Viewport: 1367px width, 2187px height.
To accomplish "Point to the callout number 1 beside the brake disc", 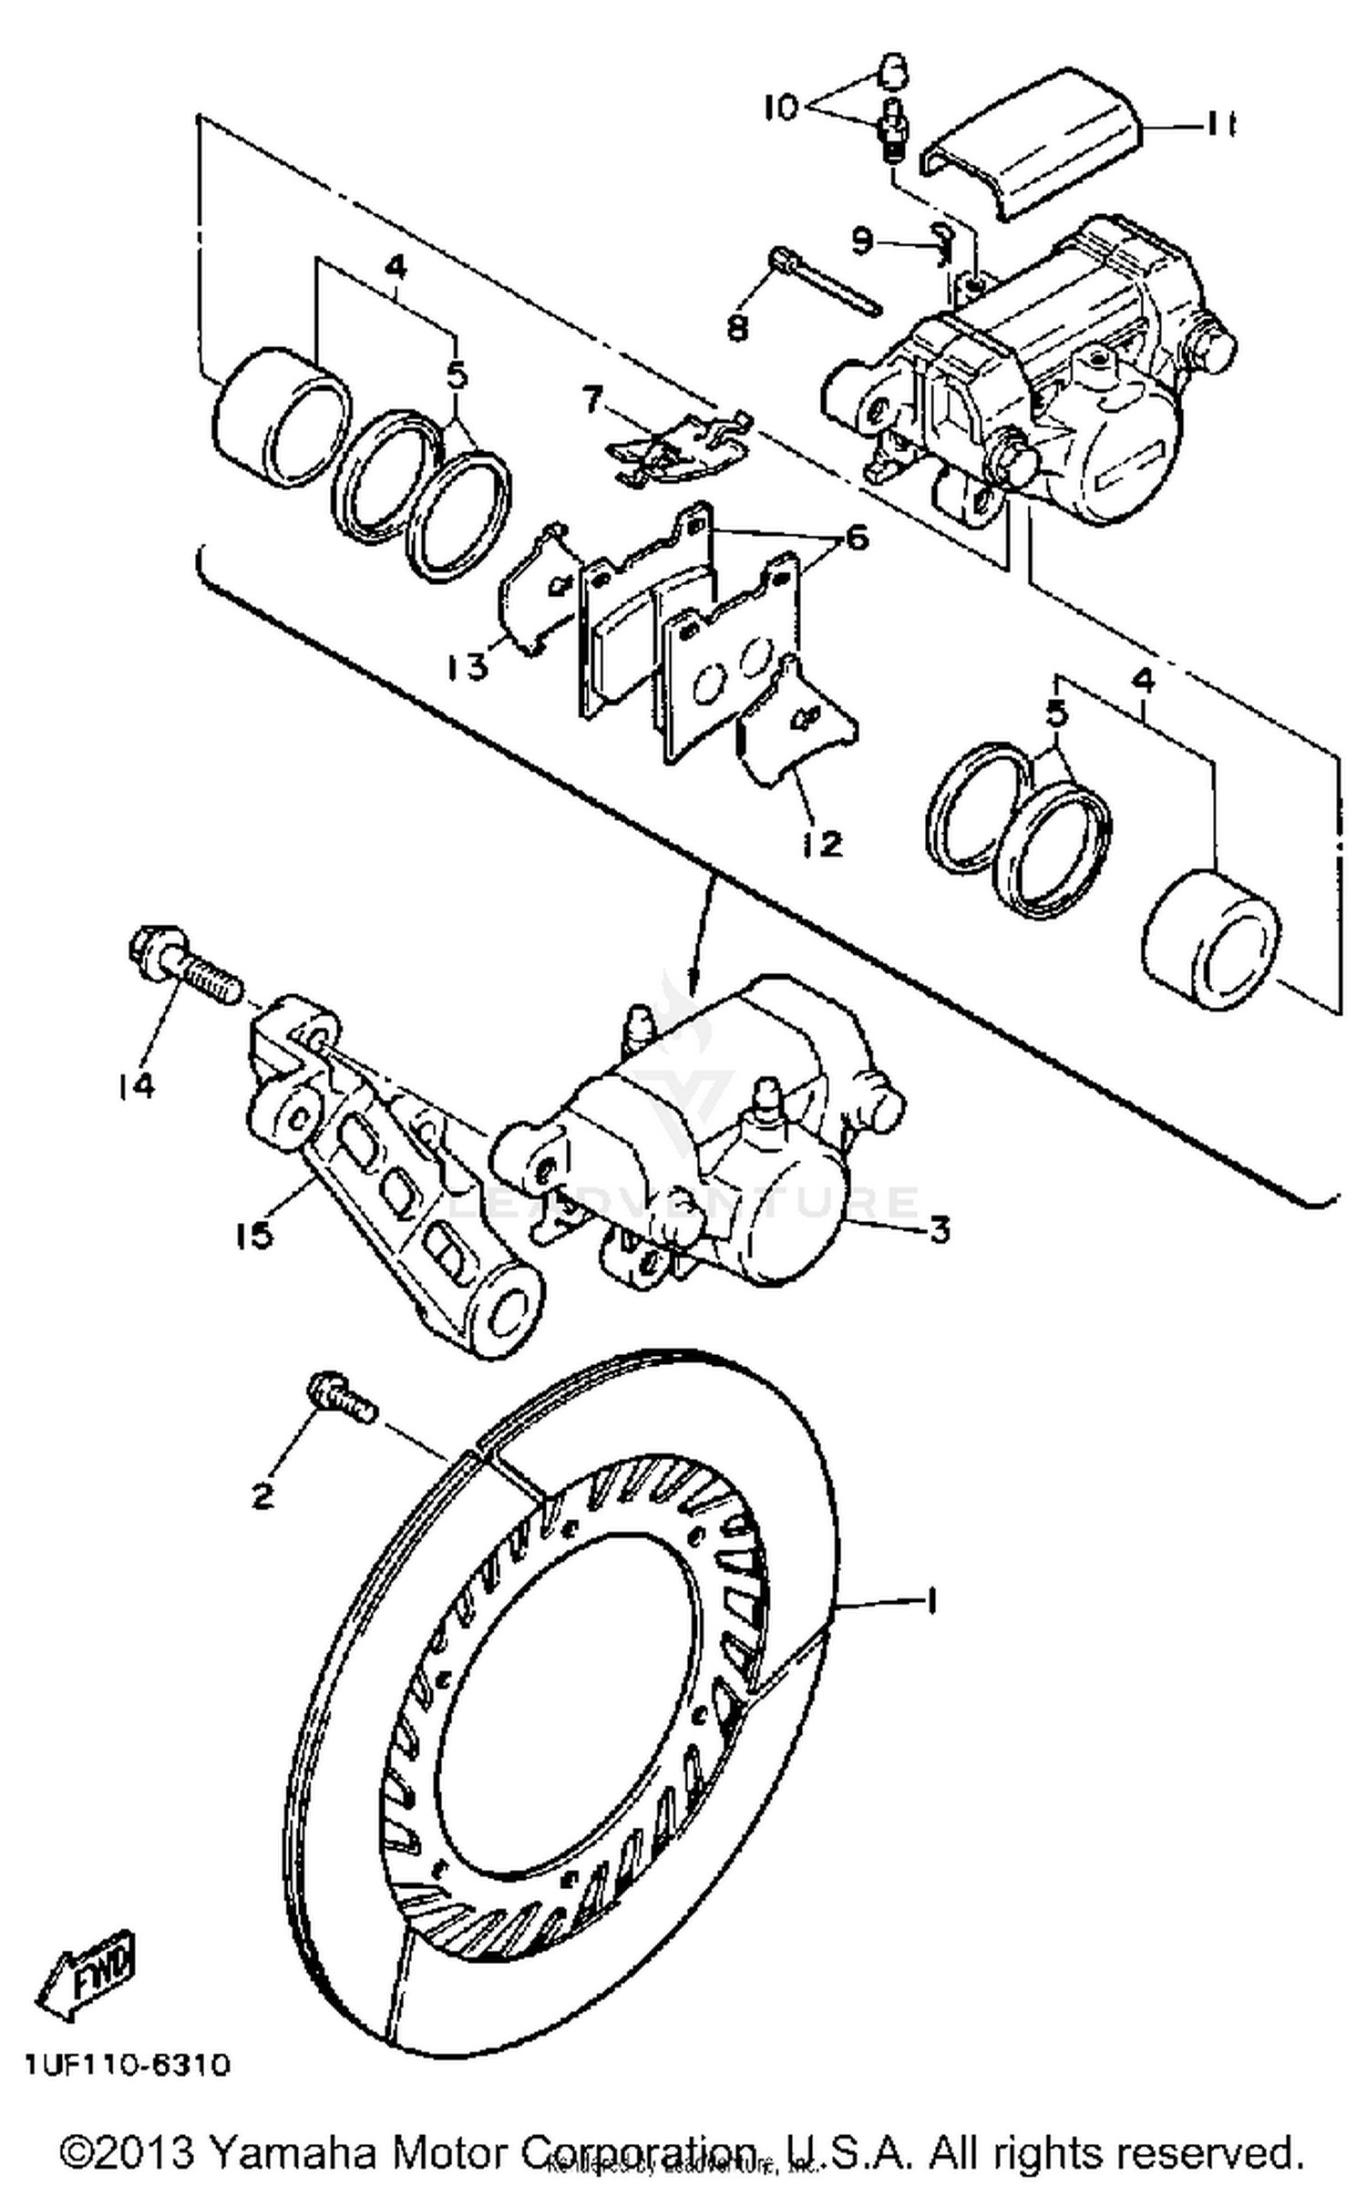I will tap(930, 1601).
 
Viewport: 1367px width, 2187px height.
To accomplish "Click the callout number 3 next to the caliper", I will tap(940, 1229).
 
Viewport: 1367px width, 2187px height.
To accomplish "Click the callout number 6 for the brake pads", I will tap(857, 539).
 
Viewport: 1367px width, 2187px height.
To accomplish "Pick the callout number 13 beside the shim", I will tap(467, 668).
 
